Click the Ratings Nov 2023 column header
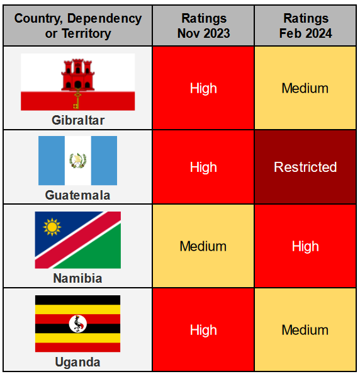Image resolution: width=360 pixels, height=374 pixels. point(203,25)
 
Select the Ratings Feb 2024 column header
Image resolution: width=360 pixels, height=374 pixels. point(305,25)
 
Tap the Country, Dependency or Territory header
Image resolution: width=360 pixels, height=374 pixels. point(77,25)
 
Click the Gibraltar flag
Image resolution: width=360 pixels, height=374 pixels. point(77,82)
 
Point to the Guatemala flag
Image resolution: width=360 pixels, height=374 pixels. point(77,161)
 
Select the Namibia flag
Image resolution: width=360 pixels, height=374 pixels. point(77,240)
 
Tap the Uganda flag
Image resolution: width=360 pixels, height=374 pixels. point(77,324)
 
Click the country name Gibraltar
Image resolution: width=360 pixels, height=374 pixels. point(77,120)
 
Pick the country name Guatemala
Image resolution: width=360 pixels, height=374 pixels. point(77,195)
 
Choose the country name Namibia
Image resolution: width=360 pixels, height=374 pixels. point(77,278)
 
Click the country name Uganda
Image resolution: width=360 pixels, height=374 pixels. point(77,362)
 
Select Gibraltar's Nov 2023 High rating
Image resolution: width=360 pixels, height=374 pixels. point(203,88)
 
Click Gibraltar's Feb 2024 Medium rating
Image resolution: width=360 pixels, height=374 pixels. point(305,88)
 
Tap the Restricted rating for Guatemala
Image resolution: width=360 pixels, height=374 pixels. point(305,167)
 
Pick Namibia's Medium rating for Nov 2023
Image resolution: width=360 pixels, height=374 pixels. point(203,246)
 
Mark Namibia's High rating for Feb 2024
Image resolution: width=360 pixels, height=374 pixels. point(305,246)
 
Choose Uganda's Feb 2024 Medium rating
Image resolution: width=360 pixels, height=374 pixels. point(305,330)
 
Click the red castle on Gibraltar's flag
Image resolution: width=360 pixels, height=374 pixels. point(77,73)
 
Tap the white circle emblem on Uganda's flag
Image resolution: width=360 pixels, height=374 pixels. point(77,324)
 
